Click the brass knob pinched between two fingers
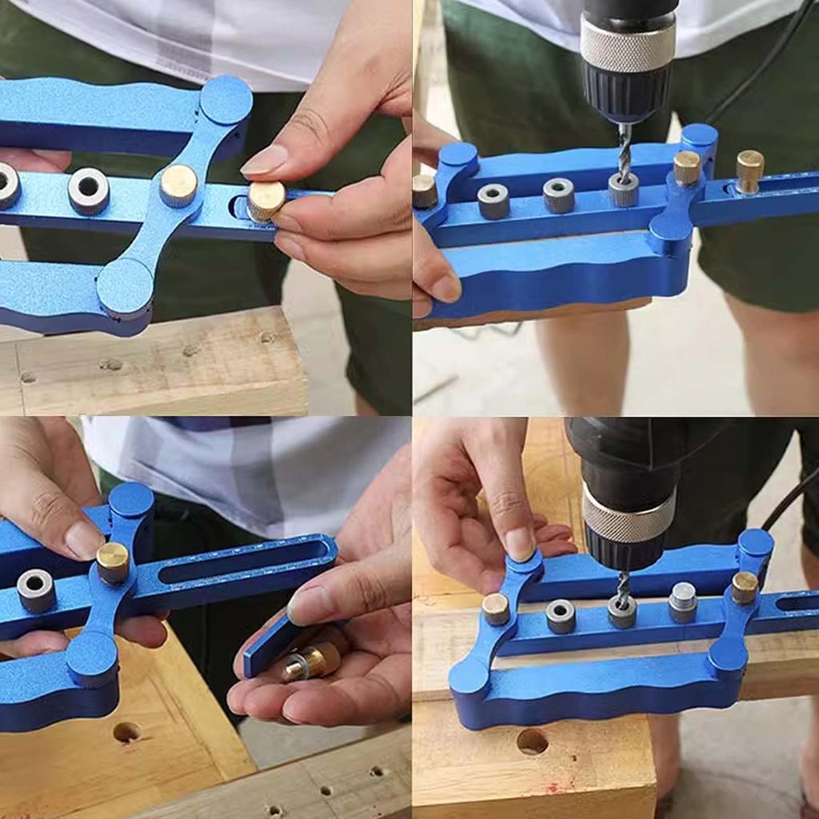(x=266, y=201)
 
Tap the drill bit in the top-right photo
(x=624, y=151)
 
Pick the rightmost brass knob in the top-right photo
(x=749, y=170)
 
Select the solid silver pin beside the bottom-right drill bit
(x=682, y=602)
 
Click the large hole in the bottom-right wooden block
(x=532, y=741)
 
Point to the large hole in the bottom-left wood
(x=127, y=732)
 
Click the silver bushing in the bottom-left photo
(x=36, y=590)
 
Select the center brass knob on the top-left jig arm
(x=178, y=186)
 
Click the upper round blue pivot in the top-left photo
(x=226, y=101)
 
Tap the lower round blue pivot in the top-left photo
(x=125, y=286)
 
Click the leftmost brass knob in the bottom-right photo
(x=496, y=609)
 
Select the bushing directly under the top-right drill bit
(x=624, y=190)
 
